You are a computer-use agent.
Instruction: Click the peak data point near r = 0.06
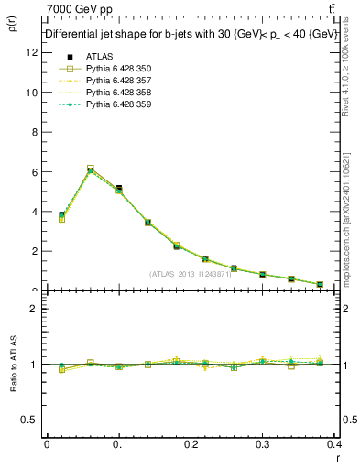pos(91,169)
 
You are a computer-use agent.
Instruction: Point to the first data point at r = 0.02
pos(61,215)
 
